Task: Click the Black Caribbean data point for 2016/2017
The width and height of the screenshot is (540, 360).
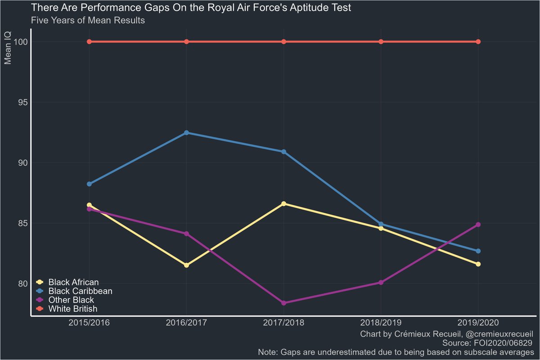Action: pos(186,133)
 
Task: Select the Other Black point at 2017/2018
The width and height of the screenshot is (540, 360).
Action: pos(283,303)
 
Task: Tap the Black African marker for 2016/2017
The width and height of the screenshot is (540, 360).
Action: pos(186,265)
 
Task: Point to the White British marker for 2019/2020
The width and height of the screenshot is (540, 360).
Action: pos(478,42)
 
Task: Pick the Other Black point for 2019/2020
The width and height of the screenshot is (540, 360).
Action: pos(478,225)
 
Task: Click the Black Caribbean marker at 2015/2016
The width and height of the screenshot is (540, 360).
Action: pos(89,184)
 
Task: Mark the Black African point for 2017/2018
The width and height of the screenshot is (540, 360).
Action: pos(283,204)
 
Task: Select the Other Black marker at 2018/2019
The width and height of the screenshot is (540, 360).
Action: pos(381,283)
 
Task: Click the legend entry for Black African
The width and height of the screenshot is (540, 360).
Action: pos(73,282)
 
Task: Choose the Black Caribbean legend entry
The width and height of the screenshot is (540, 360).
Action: pos(80,291)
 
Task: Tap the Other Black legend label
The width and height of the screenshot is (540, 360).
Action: pos(71,300)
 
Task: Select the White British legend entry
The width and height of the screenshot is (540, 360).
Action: pos(73,309)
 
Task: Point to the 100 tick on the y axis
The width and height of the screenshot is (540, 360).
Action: pos(20,42)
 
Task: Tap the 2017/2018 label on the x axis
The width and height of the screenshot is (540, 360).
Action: pos(283,323)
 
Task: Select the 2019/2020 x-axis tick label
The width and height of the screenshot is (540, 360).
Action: pos(478,323)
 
